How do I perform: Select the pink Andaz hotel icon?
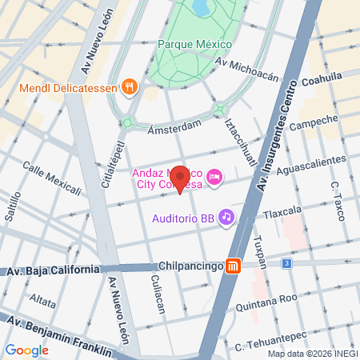click(214, 177)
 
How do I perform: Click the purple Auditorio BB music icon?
click(227, 217)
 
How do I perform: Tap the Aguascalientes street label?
click(310, 166)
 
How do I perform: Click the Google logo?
click(26, 350)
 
